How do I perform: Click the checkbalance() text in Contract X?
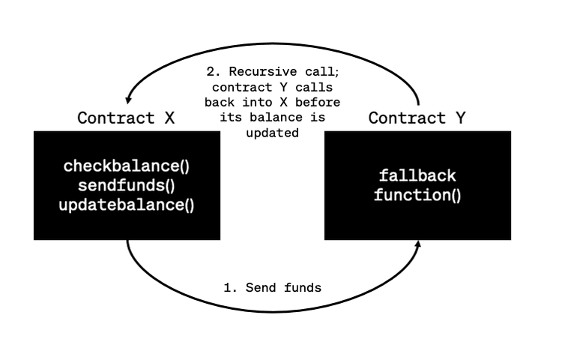[127, 165]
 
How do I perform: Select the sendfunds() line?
[127, 184]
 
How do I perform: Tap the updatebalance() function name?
[127, 204]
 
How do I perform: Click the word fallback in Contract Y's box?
[417, 176]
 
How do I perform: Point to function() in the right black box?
[417, 196]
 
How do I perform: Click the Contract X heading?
[127, 118]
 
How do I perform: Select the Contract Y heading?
[417, 118]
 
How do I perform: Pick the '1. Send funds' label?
[274, 287]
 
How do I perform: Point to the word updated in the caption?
[274, 133]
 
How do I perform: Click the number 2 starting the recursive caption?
[211, 73]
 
